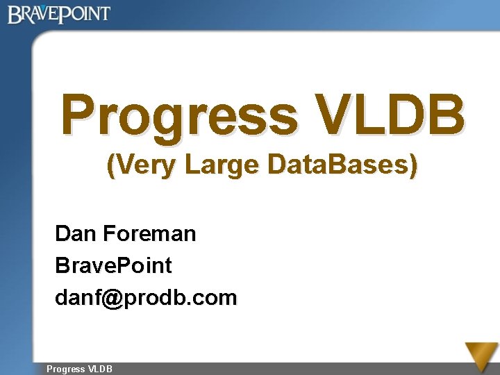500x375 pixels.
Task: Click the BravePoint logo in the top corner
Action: point(59,14)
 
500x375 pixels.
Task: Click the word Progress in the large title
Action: point(179,115)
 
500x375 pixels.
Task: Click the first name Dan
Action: point(75,233)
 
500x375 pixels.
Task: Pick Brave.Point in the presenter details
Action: point(113,265)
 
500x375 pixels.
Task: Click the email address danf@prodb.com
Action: point(146,298)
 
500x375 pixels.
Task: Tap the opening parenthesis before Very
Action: point(110,167)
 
